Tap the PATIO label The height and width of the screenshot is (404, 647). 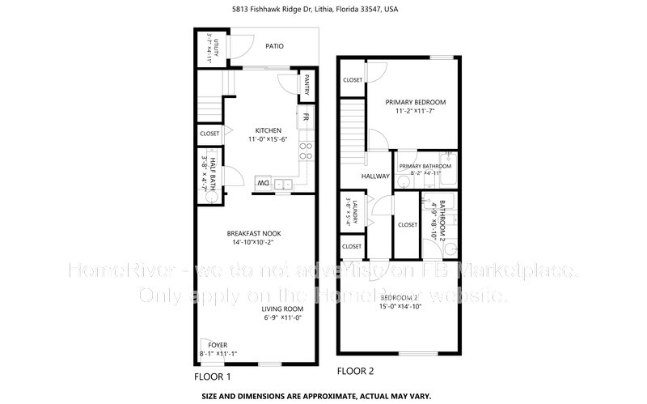click(274, 46)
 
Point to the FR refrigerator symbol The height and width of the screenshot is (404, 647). click(306, 117)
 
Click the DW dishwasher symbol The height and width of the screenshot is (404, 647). click(263, 184)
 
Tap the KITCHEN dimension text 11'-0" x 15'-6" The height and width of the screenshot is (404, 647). click(268, 139)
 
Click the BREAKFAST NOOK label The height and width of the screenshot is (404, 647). click(254, 233)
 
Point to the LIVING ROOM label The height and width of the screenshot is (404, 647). click(281, 308)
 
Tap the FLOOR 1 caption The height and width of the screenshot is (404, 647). click(213, 376)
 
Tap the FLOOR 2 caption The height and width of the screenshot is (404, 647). click(355, 372)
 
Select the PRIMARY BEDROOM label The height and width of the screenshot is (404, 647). click(415, 102)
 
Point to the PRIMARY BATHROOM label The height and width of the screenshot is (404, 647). click(425, 165)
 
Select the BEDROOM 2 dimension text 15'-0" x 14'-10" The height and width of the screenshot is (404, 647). click(400, 307)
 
